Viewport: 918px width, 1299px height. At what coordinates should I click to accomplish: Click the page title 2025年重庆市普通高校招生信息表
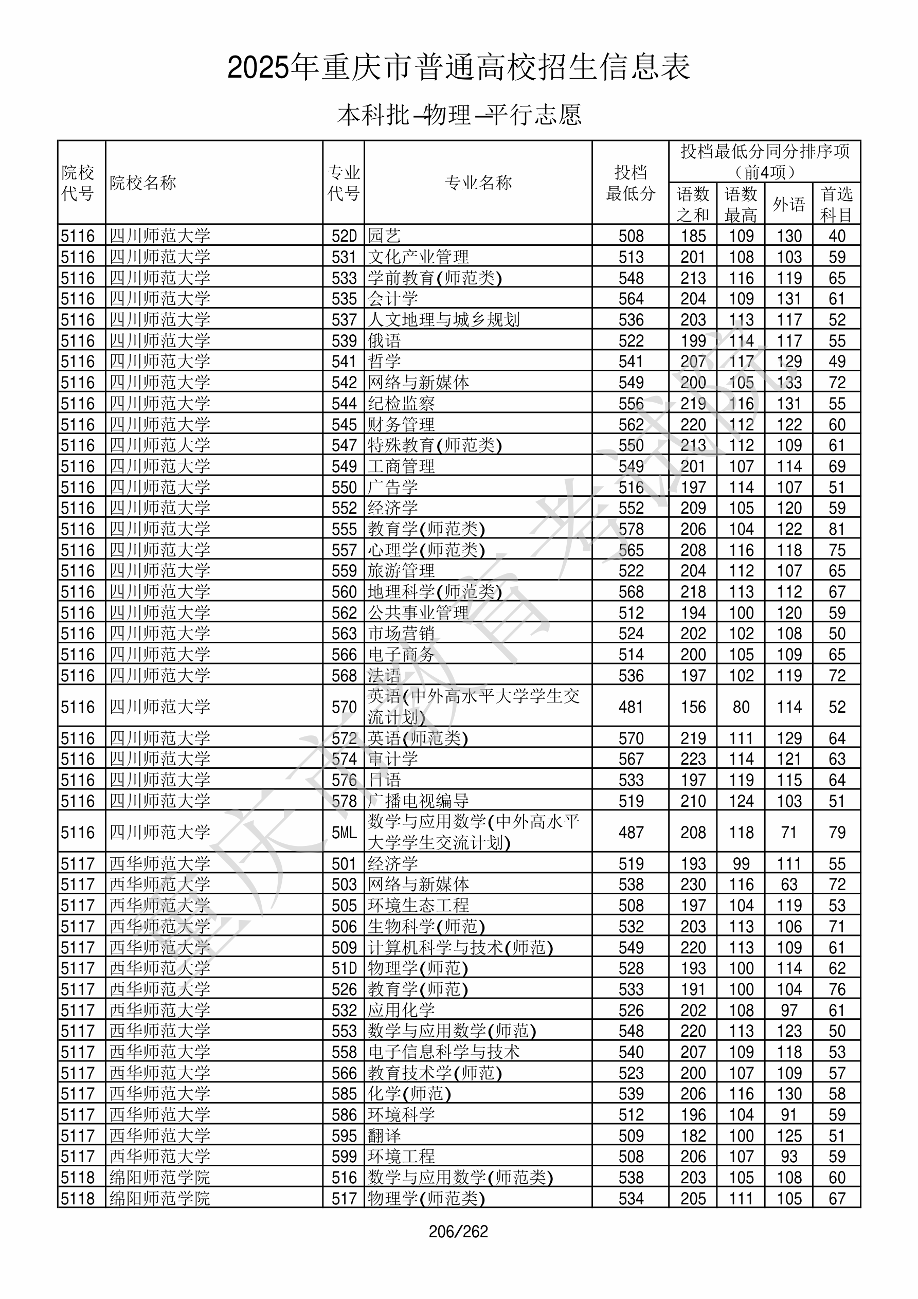458,68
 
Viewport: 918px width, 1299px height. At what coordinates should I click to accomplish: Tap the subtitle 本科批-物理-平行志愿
458,115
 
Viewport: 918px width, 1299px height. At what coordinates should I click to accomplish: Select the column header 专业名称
478,183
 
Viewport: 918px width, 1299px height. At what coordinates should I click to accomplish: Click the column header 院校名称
143,183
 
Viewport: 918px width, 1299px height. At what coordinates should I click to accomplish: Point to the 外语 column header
788,204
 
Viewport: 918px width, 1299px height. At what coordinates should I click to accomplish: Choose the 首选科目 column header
837,204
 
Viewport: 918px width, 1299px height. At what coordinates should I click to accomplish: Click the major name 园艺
384,236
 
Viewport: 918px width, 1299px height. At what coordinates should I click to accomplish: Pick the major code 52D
344,236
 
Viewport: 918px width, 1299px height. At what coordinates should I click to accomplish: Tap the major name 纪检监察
401,403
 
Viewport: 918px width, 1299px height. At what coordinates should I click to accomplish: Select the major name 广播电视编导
418,801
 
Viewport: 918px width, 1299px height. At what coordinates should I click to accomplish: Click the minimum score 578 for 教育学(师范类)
631,529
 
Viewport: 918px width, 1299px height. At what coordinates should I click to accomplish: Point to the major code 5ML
344,832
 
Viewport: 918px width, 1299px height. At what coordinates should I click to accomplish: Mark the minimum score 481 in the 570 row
631,707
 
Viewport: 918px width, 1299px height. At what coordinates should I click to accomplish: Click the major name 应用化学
401,1011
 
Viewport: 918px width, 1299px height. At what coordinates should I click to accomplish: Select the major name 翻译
384,1136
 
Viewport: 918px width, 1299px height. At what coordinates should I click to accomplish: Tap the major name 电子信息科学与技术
444,1052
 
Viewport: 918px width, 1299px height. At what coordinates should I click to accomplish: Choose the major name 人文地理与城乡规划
444,320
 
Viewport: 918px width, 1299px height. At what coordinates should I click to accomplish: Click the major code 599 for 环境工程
344,1157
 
